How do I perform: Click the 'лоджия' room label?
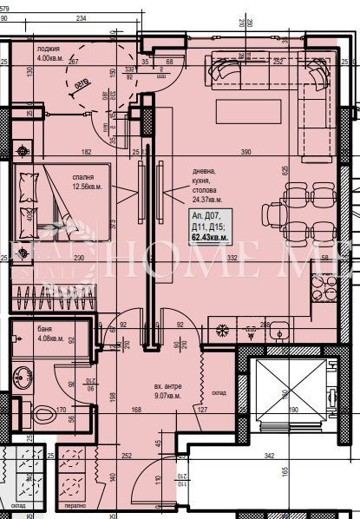click(49, 49)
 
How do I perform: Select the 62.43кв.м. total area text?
click(209, 237)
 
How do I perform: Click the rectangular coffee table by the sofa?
click(249, 110)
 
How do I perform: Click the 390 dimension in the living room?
click(246, 152)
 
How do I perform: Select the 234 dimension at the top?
click(81, 17)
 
